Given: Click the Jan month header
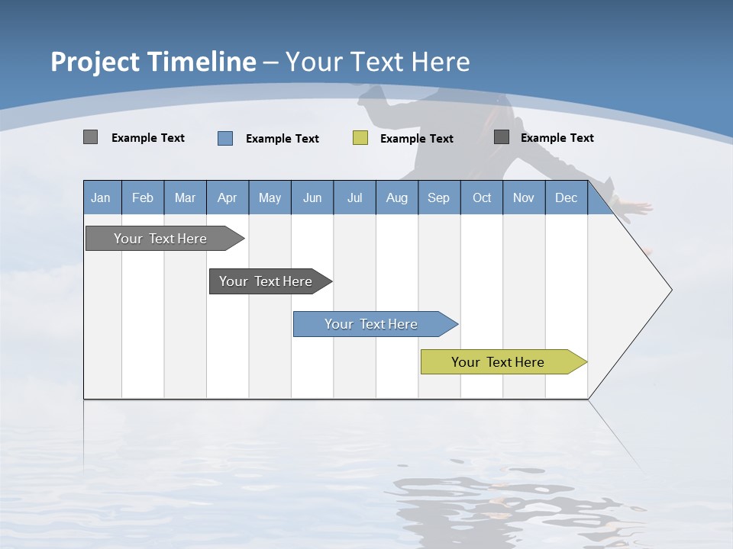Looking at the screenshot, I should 102,197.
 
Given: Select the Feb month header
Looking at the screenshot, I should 143,197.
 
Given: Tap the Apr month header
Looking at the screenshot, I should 228,197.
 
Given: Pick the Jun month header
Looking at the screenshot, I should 312,197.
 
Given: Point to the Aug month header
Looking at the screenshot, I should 397,197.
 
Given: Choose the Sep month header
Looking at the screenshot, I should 439,197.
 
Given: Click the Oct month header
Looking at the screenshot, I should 482,197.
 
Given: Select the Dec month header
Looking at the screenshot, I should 567,197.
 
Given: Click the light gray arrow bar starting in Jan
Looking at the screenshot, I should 160,239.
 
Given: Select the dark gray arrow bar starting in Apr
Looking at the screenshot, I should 266,281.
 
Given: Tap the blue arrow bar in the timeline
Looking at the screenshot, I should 371,324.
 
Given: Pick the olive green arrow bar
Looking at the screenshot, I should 498,362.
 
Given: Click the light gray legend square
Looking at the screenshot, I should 90,137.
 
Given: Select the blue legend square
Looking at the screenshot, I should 225,138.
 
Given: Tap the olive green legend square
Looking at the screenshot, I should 360,138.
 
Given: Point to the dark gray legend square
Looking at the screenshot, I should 502,137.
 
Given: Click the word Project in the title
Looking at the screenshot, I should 94,62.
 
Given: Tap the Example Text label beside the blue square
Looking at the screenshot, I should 283,139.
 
